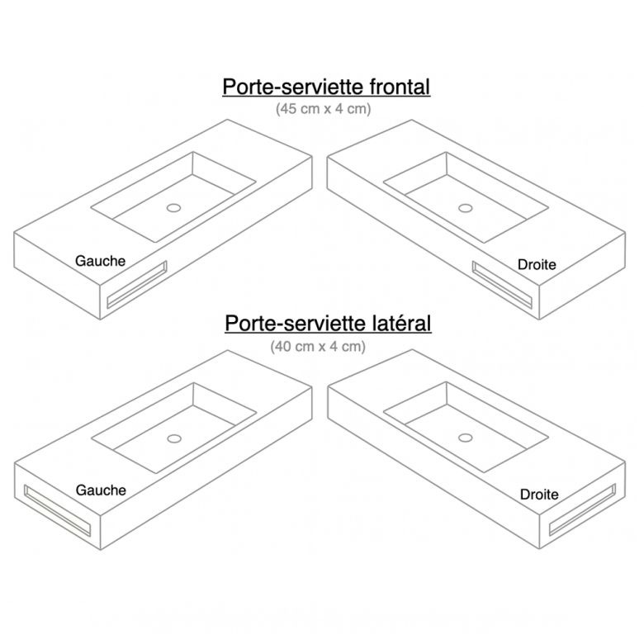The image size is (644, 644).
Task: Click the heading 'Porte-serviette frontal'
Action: click(x=326, y=87)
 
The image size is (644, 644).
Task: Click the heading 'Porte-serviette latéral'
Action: click(x=328, y=323)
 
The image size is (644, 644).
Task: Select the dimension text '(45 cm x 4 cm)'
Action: click(x=323, y=109)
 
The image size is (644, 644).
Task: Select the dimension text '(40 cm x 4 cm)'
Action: click(x=318, y=346)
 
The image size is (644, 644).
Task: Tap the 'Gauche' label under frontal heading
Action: click(x=100, y=261)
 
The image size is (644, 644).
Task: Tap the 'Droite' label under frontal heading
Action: click(x=537, y=264)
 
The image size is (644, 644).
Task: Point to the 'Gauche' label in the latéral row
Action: click(x=101, y=490)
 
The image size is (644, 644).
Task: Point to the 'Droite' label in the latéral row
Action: click(x=539, y=494)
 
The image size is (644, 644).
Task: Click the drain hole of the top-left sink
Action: click(x=173, y=208)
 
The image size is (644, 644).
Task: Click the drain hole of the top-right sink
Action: click(x=466, y=208)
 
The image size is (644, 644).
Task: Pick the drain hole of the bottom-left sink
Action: click(x=174, y=438)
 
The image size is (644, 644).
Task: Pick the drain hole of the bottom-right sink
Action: click(x=466, y=438)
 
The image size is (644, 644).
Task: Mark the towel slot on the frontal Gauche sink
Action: click(x=137, y=284)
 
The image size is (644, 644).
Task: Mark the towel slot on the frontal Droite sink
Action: click(x=502, y=285)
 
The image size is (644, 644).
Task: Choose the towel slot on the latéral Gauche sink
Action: click(x=58, y=510)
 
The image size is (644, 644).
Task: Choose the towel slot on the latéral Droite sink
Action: click(x=583, y=510)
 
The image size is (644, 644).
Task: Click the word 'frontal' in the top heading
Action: click(x=400, y=87)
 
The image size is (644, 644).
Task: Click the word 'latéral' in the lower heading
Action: click(x=402, y=323)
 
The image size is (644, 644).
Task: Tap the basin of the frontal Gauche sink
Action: click(x=173, y=197)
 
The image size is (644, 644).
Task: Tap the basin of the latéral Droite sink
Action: click(x=466, y=427)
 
